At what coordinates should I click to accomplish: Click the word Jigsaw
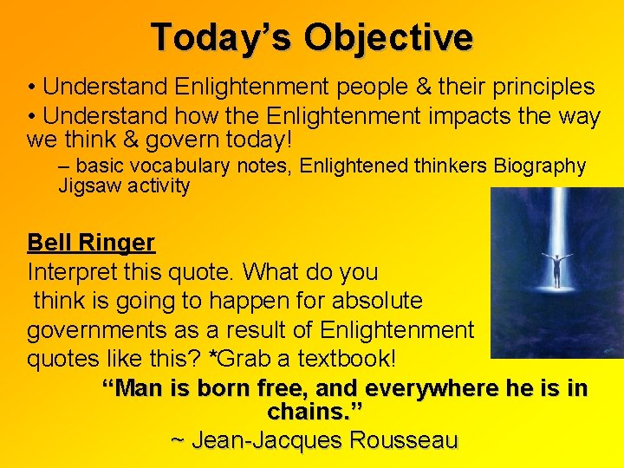pyautogui.click(x=87, y=185)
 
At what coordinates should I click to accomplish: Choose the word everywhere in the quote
pyautogui.click(x=426, y=387)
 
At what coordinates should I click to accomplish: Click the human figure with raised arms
pyautogui.click(x=557, y=269)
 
